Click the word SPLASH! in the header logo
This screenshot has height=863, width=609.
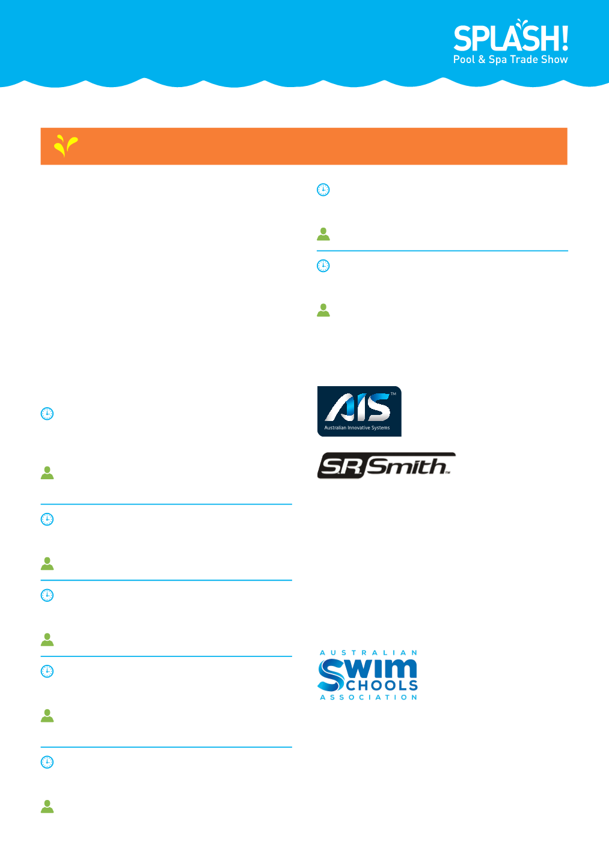click(510, 38)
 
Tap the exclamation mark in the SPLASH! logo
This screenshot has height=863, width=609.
click(565, 38)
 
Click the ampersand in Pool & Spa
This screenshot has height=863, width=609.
click(482, 59)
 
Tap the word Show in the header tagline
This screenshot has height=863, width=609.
click(555, 59)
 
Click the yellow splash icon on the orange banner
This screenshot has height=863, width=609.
click(66, 145)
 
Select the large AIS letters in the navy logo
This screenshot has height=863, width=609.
click(358, 407)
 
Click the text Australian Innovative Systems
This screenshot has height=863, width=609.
click(357, 428)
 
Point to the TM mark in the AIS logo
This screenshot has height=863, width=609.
click(393, 394)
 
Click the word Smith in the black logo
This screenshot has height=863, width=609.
click(407, 466)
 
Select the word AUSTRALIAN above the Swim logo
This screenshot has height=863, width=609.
click(369, 653)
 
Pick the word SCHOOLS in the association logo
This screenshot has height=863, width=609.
click(382, 685)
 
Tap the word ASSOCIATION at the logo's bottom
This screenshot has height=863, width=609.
click(369, 697)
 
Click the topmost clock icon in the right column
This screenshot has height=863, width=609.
click(323, 190)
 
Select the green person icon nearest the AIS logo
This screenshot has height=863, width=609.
click(323, 310)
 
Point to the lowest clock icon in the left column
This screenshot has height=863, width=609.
click(47, 762)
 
